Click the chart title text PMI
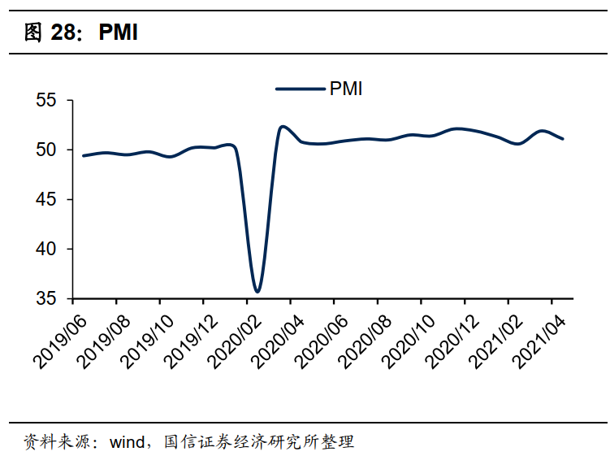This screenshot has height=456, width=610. [119, 32]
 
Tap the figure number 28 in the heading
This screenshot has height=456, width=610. [64, 32]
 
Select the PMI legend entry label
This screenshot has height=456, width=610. [346, 89]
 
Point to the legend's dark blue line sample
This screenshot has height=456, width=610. [301, 89]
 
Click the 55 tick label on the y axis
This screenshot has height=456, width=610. [46, 100]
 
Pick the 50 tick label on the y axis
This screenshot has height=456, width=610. [46, 150]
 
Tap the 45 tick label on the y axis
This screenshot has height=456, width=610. [46, 199]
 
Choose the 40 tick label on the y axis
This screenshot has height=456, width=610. [46, 249]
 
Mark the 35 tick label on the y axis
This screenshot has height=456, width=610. [46, 298]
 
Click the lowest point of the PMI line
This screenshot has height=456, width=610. [257, 291]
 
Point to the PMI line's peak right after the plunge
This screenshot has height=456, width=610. [283, 127]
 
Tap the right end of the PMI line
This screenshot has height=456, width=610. [563, 139]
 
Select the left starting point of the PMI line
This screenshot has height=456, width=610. [83, 156]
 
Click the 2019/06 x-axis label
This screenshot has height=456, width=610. [61, 342]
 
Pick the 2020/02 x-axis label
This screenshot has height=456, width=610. [235, 342]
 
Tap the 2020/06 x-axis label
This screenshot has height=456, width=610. [322, 342]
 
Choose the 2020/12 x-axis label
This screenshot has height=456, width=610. [452, 342]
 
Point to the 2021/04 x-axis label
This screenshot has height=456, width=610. [539, 342]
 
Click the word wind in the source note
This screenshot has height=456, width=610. [128, 442]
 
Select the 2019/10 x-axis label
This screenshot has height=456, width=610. [148, 342]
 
